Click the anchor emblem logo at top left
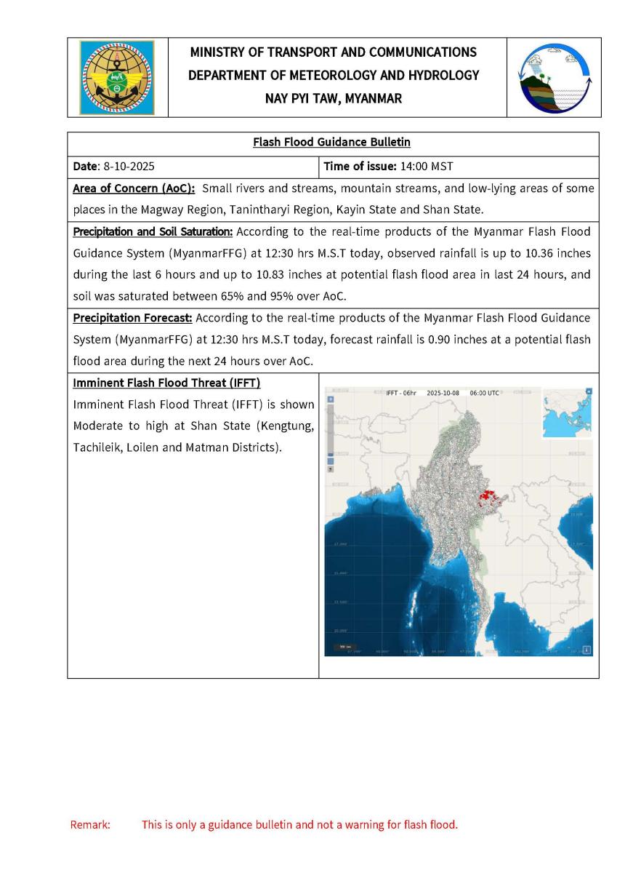point(117,76)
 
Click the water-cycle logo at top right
point(554,77)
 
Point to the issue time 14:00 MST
point(427,167)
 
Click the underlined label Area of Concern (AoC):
point(134,189)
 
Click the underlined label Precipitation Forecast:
point(132,318)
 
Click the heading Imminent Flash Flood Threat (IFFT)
point(166,383)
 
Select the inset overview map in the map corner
point(565,413)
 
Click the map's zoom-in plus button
point(331,399)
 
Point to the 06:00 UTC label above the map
point(483,393)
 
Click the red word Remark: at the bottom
point(90,825)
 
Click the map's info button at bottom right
point(586,650)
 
